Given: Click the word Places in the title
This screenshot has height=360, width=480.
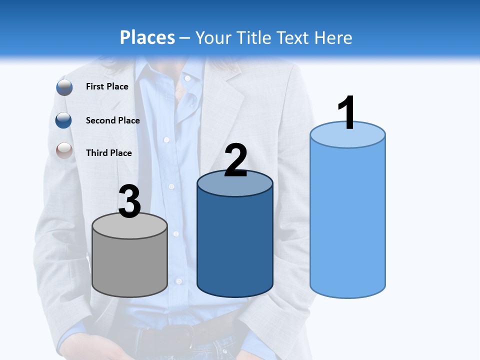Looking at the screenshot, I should tap(147, 37).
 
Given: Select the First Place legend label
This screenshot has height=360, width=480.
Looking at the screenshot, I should tap(107, 86).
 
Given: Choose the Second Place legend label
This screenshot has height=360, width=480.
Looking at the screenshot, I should tap(112, 120).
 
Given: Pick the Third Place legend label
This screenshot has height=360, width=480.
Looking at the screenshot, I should tap(108, 153).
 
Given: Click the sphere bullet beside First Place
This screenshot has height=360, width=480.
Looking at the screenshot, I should tap(64, 87).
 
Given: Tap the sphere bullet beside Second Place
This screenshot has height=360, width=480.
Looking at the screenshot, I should tap(64, 120).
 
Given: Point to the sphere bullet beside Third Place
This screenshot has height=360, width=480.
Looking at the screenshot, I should tap(64, 150).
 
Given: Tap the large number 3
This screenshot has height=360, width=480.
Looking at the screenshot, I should tap(129, 201).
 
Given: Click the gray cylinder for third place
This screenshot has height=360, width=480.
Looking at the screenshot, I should tap(129, 265).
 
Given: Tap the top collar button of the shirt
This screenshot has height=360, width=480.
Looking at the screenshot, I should tap(187, 78).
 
